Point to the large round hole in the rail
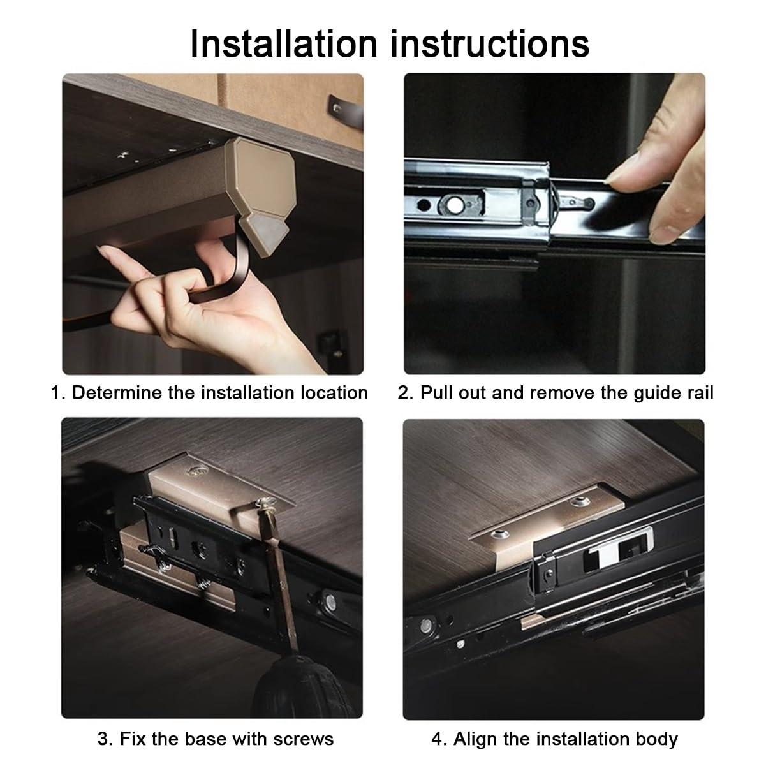(454, 205)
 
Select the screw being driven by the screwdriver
(265, 504)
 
